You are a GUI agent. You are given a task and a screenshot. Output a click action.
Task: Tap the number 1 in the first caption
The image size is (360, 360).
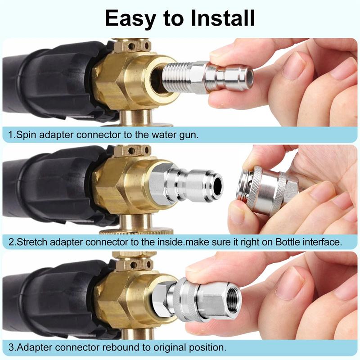tap(11, 134)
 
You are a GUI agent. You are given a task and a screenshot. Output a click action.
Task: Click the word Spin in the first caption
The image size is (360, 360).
tap(27, 134)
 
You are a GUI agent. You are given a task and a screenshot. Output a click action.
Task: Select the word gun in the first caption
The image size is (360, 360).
tap(187, 134)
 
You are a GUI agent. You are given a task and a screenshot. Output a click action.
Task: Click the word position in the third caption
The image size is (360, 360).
tap(207, 347)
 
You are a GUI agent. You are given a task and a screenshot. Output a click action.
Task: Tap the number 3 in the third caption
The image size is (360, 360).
tap(11, 347)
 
